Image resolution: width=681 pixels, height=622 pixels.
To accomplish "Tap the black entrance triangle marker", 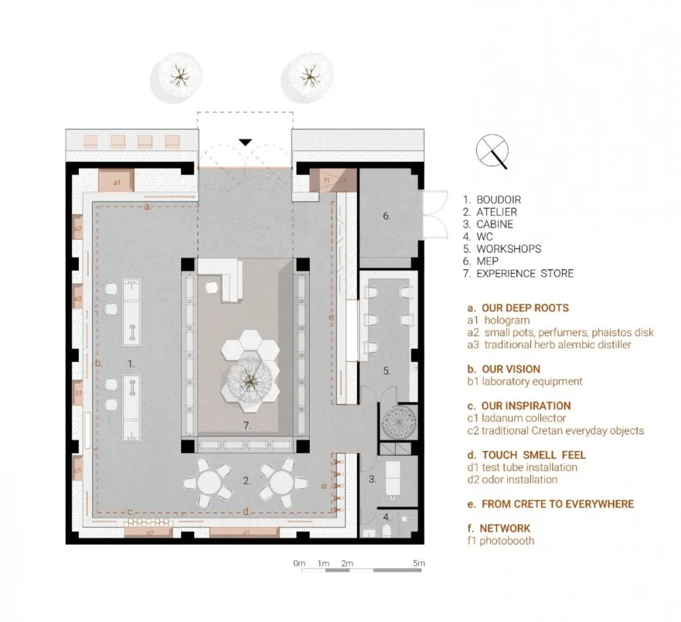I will tap(245, 142).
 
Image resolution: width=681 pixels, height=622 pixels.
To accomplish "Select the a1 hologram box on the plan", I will tap(116, 182).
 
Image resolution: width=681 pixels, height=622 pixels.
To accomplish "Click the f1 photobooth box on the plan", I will tap(328, 181).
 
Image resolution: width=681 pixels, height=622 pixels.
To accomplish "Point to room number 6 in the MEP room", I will tap(386, 216).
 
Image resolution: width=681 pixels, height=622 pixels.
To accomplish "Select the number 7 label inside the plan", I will tap(248, 426).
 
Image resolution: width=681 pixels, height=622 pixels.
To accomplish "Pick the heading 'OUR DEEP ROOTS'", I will tap(524, 308).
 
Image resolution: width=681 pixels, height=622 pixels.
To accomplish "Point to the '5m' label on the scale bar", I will tap(418, 564).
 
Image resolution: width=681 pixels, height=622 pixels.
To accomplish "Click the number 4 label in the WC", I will tap(386, 517).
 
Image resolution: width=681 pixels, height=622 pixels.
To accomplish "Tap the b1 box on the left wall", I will tap(78, 393).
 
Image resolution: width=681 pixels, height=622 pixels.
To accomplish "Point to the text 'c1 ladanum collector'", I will tap(516, 418).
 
